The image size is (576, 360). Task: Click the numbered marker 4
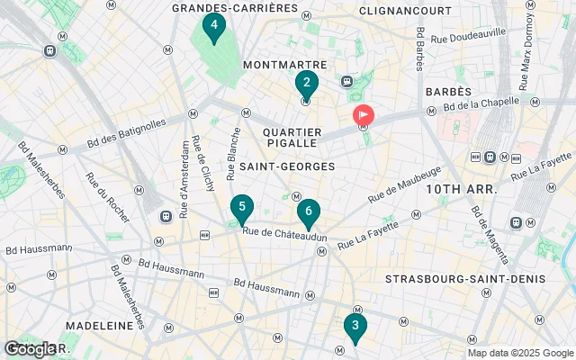[213, 27]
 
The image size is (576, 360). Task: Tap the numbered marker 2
[306, 84]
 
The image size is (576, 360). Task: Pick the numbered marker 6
[308, 213]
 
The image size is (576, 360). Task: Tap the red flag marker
[364, 116]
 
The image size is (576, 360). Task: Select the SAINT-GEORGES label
[288, 166]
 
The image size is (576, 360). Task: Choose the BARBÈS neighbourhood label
[448, 92]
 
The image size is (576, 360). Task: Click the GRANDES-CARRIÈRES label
[235, 8]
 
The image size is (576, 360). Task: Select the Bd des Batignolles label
[127, 133]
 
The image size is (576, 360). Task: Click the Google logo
[31, 348]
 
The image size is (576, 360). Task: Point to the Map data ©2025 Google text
[519, 353]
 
